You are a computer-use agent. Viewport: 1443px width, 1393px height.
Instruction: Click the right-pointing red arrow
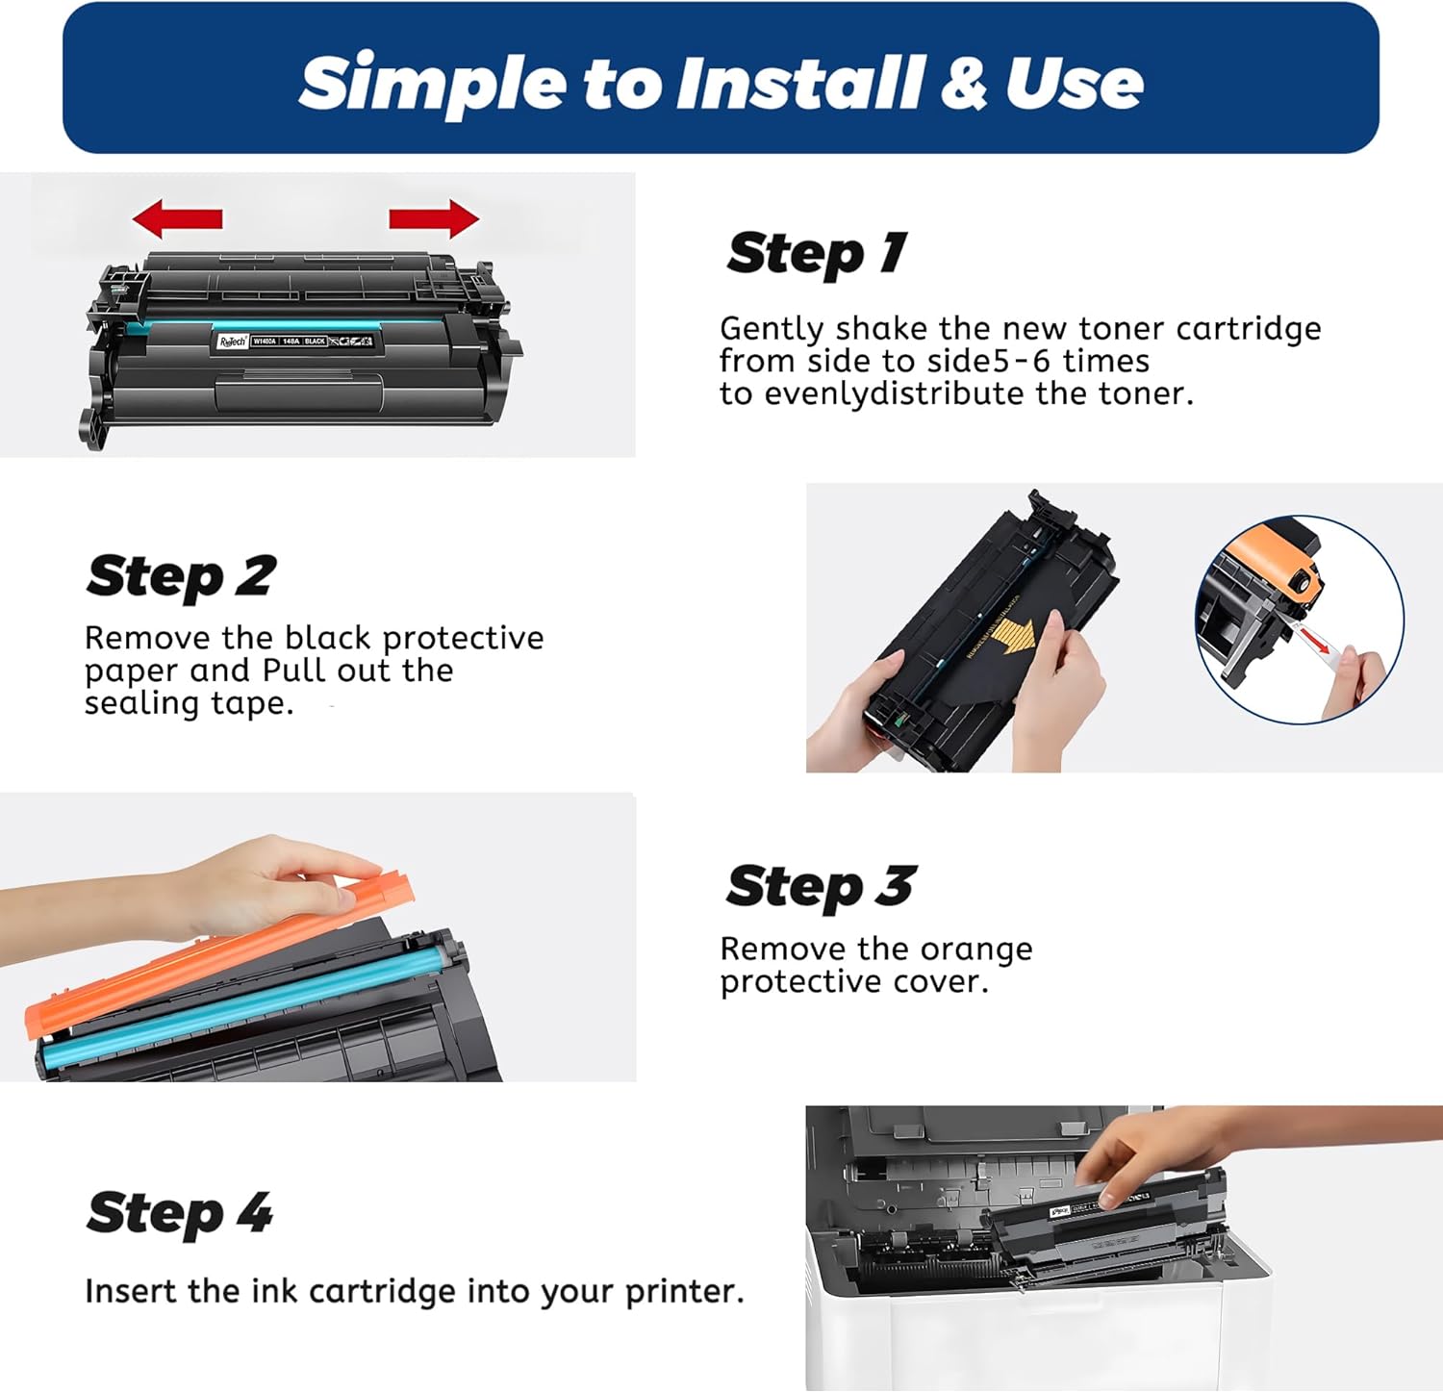pyautogui.click(x=434, y=219)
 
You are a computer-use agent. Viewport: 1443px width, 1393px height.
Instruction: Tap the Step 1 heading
pyautogui.click(x=816, y=254)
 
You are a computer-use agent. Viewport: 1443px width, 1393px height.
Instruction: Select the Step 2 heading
pyautogui.click(x=181, y=576)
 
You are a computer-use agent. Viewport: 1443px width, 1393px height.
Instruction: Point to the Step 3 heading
pyautogui.click(x=821, y=886)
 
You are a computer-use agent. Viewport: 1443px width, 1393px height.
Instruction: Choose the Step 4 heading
pyautogui.click(x=179, y=1213)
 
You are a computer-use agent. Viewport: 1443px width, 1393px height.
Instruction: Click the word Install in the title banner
pyautogui.click(x=799, y=83)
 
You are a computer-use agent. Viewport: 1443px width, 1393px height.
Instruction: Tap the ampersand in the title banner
pyautogui.click(x=963, y=83)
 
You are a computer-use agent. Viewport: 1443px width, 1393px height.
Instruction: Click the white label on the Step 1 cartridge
pyautogui.click(x=293, y=342)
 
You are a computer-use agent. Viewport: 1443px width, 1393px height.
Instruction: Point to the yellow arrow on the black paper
pyautogui.click(x=1012, y=638)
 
